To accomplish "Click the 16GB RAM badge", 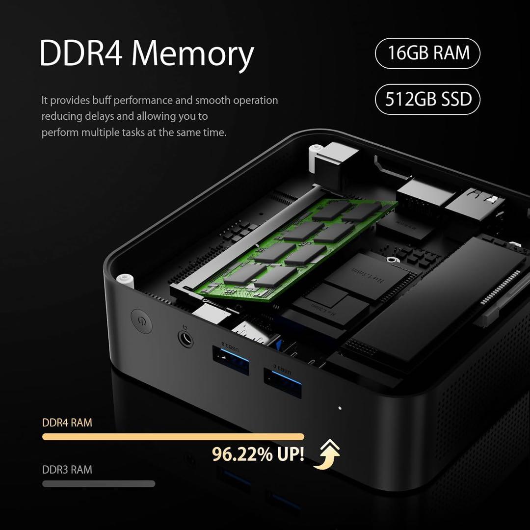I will [x=427, y=53].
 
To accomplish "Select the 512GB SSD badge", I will [x=427, y=99].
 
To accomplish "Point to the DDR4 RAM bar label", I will [x=67, y=423].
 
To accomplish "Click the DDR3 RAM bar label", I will [x=67, y=470].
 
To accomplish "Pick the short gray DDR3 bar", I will [x=99, y=484].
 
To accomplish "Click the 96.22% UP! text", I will [x=258, y=454].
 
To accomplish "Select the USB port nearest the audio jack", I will [x=231, y=360].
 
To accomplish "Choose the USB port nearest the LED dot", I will [x=283, y=381].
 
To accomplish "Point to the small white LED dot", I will [x=340, y=407].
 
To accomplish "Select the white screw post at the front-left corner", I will [x=126, y=280].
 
